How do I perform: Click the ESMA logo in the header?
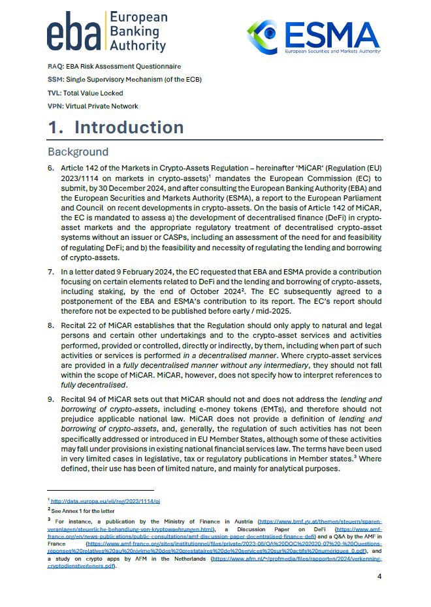pos(313,36)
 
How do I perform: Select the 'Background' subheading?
pos(78,152)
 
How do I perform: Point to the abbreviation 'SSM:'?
pos(56,80)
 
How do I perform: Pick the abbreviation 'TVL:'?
pos(55,93)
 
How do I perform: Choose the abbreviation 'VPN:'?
pos(56,106)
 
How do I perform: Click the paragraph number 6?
pos(51,169)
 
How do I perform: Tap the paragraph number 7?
pos(51,271)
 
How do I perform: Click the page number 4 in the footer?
pos(380,577)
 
